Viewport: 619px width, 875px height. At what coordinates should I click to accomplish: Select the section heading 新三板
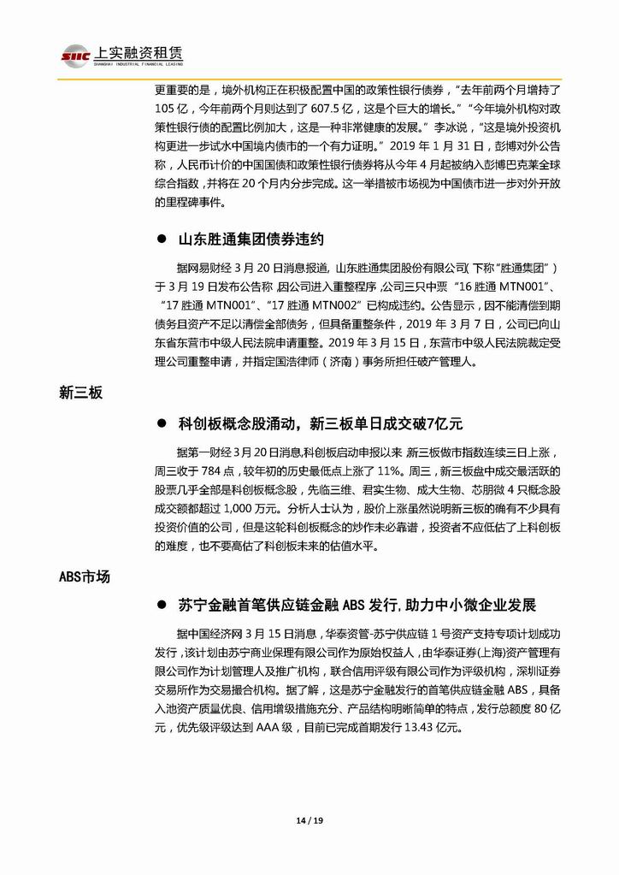coord(80,393)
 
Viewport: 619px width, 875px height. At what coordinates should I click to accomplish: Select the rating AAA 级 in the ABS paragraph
coord(301,728)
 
